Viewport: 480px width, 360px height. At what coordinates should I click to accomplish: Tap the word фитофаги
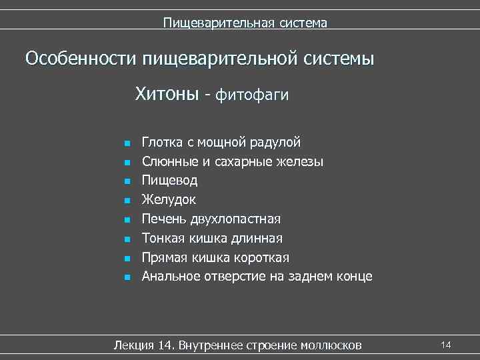251,95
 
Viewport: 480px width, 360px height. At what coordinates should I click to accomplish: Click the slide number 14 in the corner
446,344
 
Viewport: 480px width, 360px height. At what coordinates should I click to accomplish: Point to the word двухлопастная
235,219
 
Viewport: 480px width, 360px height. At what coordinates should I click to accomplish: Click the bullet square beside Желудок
125,200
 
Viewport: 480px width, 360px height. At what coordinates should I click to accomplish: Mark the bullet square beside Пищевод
125,181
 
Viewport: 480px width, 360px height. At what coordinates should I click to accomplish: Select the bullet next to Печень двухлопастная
125,219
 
